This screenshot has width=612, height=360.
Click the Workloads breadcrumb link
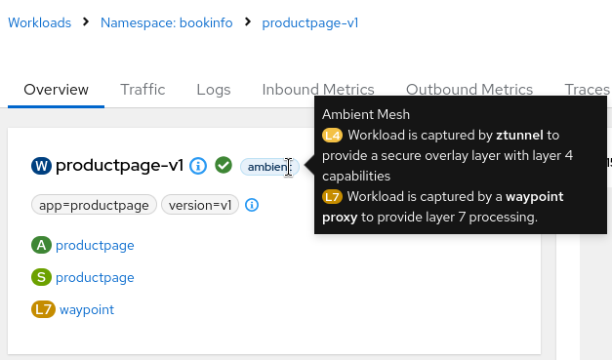pyautogui.click(x=39, y=22)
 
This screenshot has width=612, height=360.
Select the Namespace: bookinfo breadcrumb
pyautogui.click(x=167, y=22)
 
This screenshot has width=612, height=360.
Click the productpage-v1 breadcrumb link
pyautogui.click(x=310, y=22)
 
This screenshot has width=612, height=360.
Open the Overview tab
pyautogui.click(x=57, y=90)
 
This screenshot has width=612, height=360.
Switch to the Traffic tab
pyautogui.click(x=143, y=90)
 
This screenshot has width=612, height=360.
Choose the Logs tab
pyautogui.click(x=214, y=90)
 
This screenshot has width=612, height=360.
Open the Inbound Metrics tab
pyautogui.click(x=318, y=90)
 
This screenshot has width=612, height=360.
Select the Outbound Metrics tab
pyautogui.click(x=469, y=90)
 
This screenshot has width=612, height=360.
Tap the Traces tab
pyautogui.click(x=588, y=90)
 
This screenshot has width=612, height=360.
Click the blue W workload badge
pyautogui.click(x=41, y=166)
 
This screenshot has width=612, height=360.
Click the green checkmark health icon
pyautogui.click(x=224, y=166)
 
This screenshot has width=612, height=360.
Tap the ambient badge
pyautogui.click(x=269, y=167)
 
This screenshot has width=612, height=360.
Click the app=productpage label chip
pyautogui.click(x=94, y=205)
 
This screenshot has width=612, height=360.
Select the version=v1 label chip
pyautogui.click(x=200, y=205)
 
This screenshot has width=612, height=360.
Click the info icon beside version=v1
pyautogui.click(x=252, y=205)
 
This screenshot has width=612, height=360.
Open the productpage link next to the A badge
pyautogui.click(x=95, y=245)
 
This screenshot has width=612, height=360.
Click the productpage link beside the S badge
pyautogui.click(x=95, y=277)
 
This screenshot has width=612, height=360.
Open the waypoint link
pyautogui.click(x=87, y=309)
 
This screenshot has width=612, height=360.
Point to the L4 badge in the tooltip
pyautogui.click(x=332, y=136)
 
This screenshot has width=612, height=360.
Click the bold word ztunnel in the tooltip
pyautogui.click(x=519, y=135)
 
